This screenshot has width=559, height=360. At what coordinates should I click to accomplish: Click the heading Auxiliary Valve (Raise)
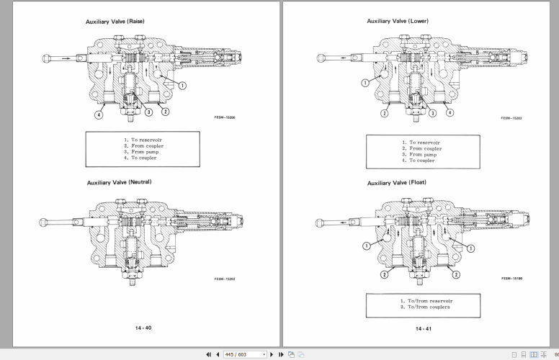(115, 21)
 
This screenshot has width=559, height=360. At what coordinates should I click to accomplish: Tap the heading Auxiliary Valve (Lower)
(398, 21)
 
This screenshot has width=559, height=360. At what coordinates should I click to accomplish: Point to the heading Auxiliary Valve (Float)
(396, 182)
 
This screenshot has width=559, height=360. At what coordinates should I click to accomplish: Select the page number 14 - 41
(424, 328)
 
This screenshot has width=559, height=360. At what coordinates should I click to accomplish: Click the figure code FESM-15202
(225, 279)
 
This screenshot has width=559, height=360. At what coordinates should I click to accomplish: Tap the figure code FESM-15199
(512, 277)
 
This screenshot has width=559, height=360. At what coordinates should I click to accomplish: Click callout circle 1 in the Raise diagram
(182, 85)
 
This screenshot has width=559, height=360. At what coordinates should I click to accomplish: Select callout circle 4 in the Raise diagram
(99, 113)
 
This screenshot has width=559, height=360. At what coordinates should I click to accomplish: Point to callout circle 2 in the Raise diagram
(165, 112)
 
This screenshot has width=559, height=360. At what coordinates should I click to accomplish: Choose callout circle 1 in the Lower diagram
(365, 83)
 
